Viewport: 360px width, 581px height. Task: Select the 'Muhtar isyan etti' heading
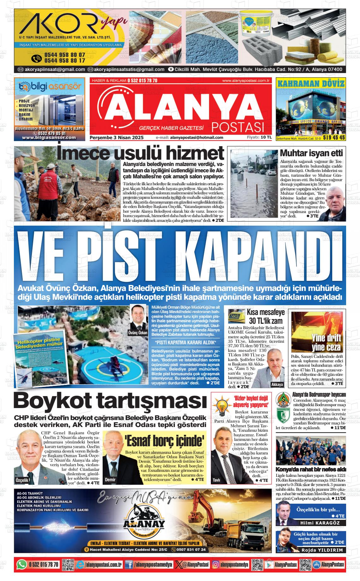click(311, 153)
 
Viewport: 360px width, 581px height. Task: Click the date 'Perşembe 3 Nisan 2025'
click(117, 138)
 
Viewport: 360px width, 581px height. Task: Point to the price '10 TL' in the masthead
click(266, 137)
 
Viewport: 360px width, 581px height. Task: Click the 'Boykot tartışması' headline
click(110, 401)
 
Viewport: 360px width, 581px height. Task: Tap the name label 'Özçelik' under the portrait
click(22, 480)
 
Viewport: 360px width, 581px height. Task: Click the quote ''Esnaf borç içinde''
click(164, 440)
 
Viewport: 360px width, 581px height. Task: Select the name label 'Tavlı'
click(217, 480)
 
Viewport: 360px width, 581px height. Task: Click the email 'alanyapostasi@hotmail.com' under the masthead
click(196, 138)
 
